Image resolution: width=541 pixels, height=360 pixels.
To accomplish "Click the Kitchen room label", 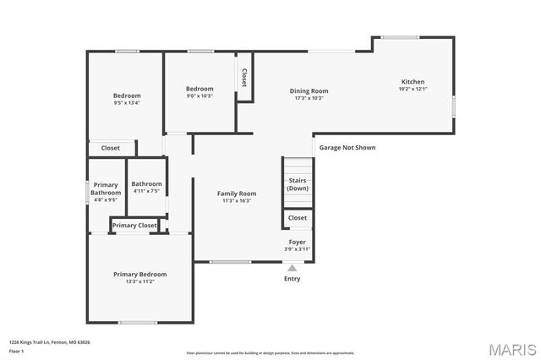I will [x=413, y=82].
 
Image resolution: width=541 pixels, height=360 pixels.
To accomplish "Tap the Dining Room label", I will [x=309, y=90].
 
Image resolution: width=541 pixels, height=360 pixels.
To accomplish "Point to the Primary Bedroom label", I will [x=140, y=274].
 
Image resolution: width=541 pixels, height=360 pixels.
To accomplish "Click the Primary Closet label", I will [x=135, y=226].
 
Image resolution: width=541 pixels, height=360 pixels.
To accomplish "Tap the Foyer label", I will [x=298, y=242].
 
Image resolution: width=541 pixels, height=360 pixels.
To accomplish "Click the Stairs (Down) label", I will [x=298, y=184].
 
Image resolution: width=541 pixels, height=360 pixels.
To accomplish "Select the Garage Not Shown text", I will [x=347, y=147].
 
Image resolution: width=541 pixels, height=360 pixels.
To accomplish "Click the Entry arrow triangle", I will [x=292, y=268].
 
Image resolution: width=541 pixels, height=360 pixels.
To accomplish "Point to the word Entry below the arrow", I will [x=292, y=279].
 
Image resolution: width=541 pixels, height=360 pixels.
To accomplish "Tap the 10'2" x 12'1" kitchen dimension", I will [x=413, y=89].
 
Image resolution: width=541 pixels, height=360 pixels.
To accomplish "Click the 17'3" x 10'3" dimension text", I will [x=309, y=98].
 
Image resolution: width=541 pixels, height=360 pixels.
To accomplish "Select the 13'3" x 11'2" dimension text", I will [x=140, y=281].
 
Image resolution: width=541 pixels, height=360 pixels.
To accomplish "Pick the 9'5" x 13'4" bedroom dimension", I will [x=127, y=103].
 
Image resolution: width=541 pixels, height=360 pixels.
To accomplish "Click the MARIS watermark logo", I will [x=505, y=348].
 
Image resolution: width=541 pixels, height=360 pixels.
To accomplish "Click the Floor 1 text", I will [x=16, y=351].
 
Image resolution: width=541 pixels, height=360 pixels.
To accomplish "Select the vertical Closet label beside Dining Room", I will [x=244, y=78].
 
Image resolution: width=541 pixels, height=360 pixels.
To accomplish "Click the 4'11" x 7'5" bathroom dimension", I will [x=146, y=191].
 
